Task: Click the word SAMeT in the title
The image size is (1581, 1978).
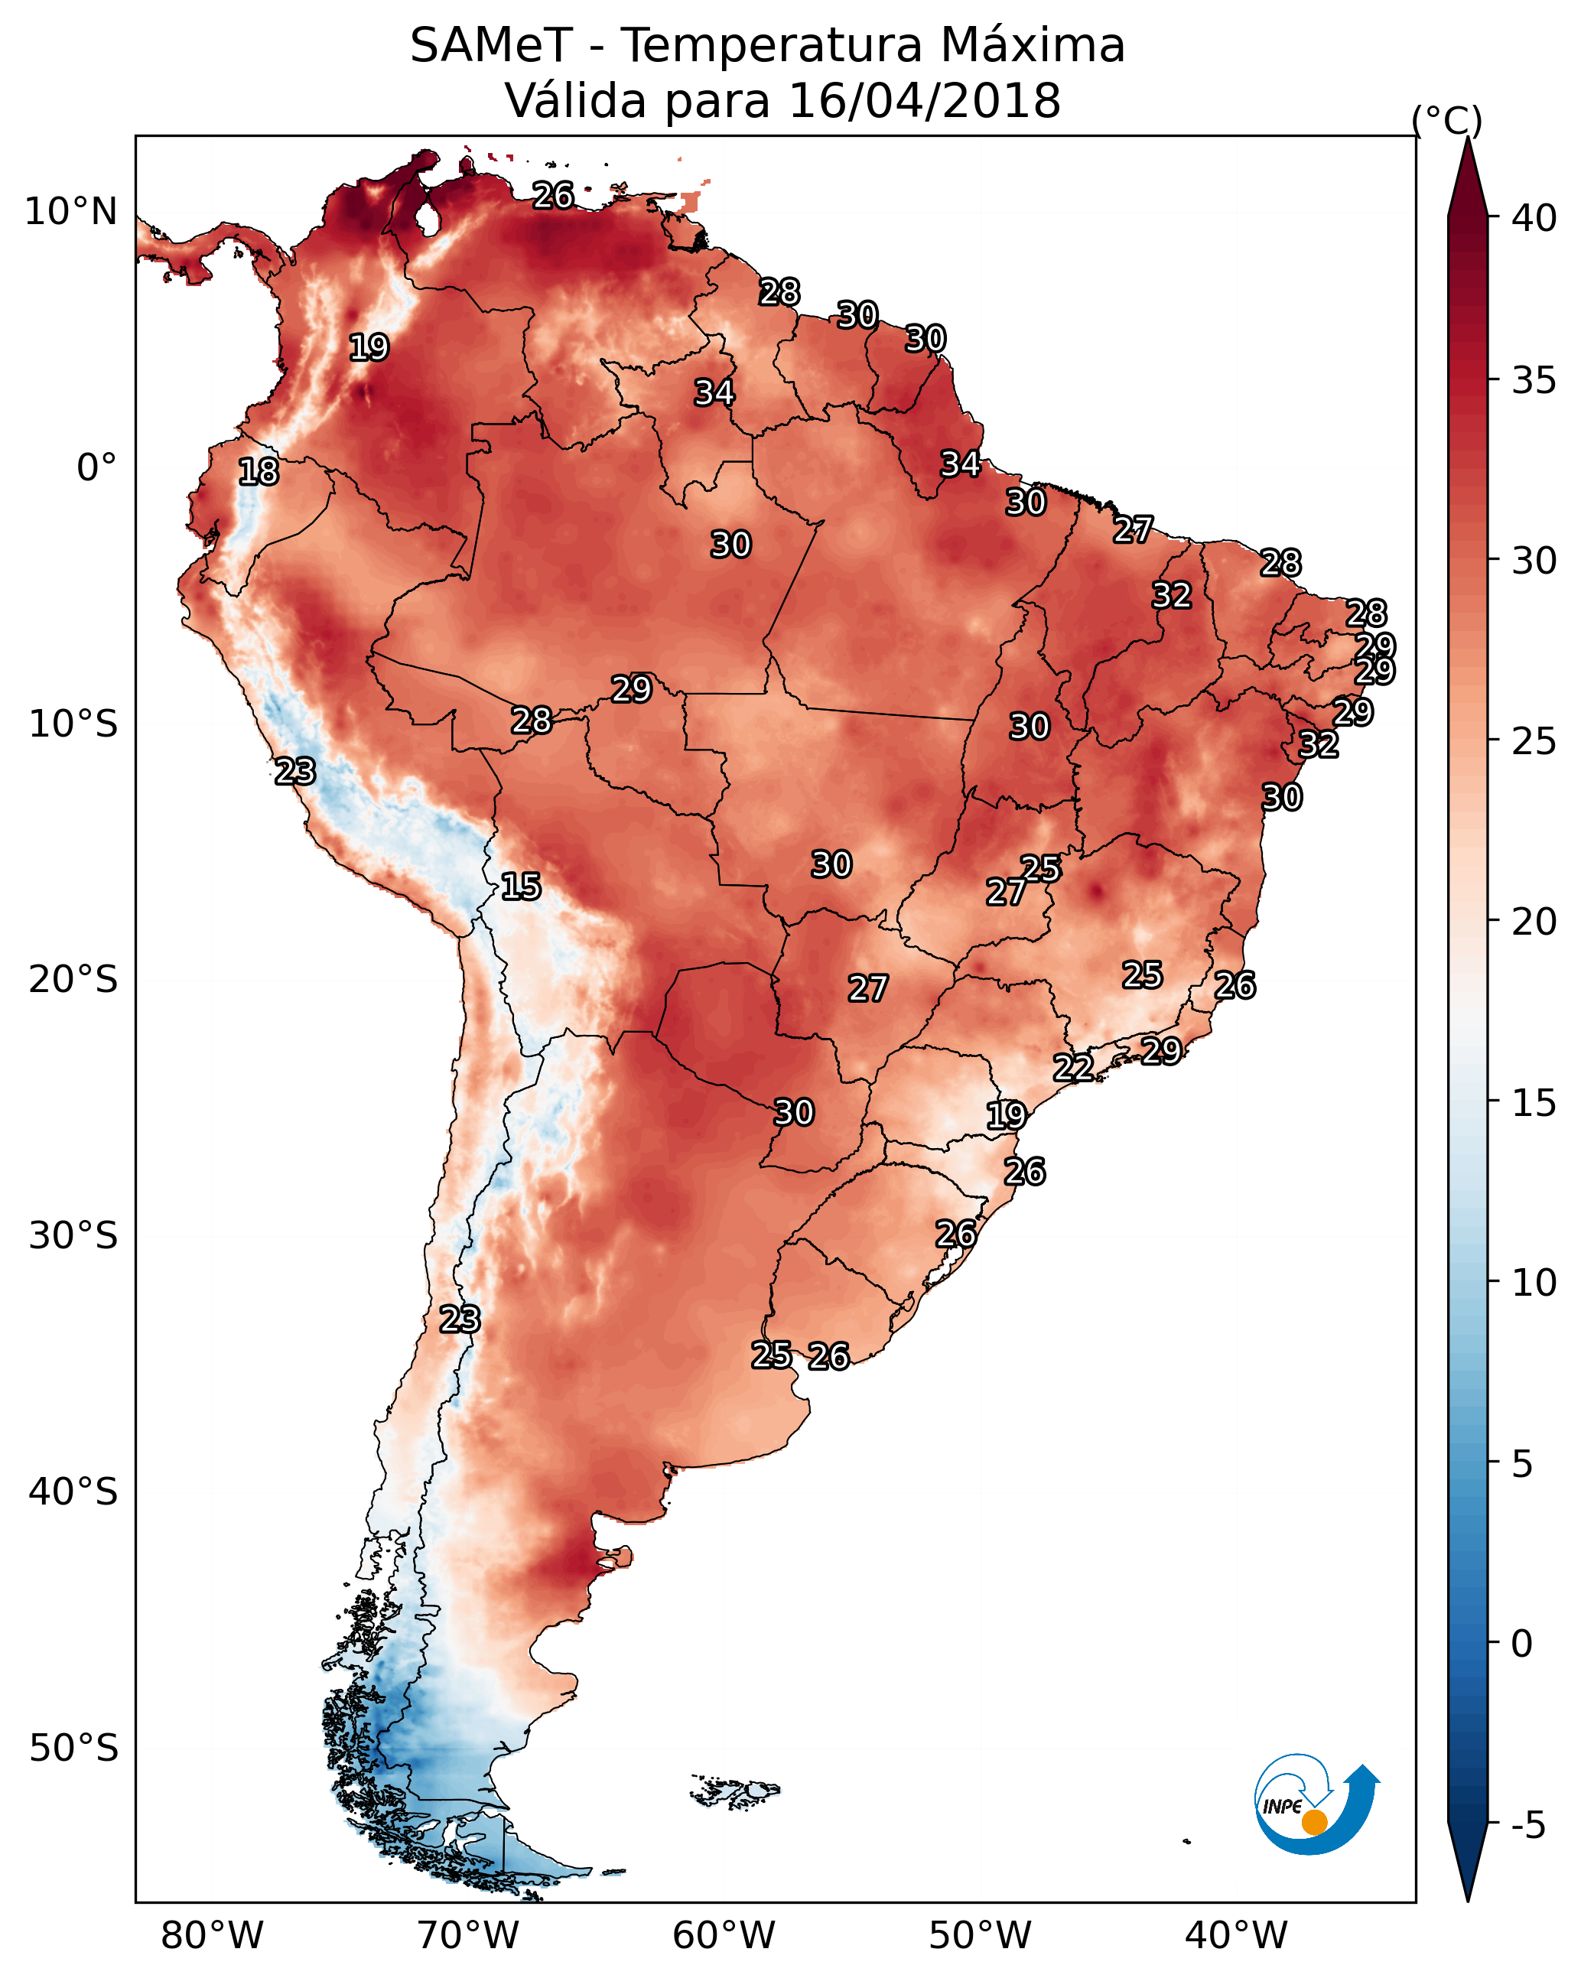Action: click(x=491, y=46)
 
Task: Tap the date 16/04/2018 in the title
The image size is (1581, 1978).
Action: click(x=924, y=101)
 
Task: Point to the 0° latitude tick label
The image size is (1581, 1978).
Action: click(x=97, y=468)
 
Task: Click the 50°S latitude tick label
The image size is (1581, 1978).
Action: click(x=73, y=1749)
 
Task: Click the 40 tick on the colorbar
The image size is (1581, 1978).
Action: click(x=1534, y=218)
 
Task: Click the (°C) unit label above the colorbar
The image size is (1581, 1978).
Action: click(x=1446, y=120)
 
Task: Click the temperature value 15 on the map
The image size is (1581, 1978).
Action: click(x=520, y=887)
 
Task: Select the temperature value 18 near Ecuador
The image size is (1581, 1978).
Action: click(x=258, y=472)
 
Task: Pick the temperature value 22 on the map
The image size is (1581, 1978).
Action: click(x=1072, y=1067)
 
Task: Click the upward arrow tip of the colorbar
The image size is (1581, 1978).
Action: click(x=1467, y=138)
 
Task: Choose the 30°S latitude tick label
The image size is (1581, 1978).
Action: click(x=73, y=1236)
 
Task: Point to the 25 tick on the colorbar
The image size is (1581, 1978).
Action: click(x=1534, y=741)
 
